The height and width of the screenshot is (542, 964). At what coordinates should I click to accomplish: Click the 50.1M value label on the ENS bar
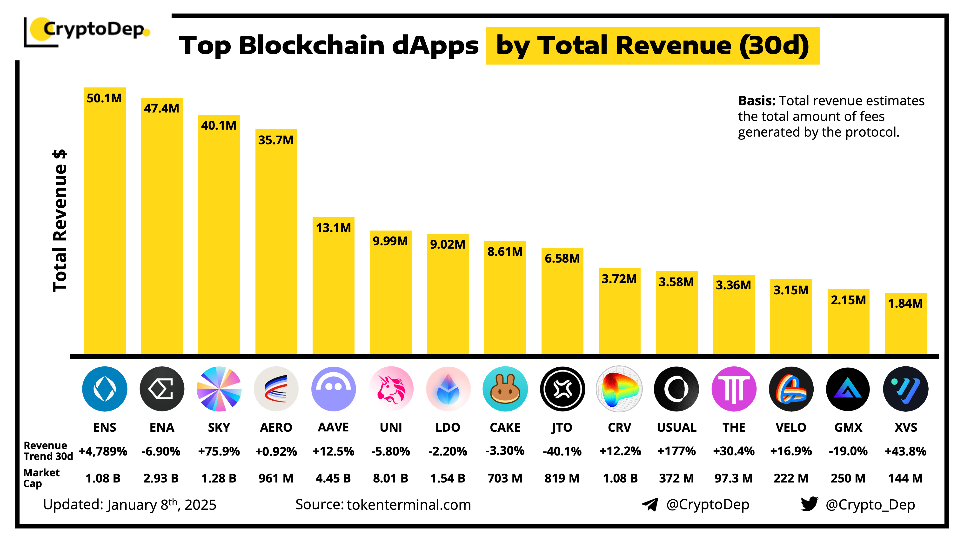pyautogui.click(x=104, y=98)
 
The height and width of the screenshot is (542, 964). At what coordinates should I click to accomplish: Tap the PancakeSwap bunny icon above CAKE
pyautogui.click(x=505, y=389)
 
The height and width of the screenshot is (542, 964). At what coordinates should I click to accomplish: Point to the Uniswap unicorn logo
pyautogui.click(x=391, y=389)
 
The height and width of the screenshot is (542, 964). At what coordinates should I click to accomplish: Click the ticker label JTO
pyautogui.click(x=562, y=427)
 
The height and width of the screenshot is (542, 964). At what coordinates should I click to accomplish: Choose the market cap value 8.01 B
pyautogui.click(x=390, y=478)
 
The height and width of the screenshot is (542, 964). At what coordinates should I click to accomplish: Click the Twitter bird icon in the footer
pyautogui.click(x=809, y=504)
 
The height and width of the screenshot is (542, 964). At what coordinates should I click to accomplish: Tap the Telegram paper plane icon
pyautogui.click(x=650, y=504)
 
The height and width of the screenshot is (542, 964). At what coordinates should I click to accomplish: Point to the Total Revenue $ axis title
pyautogui.click(x=60, y=221)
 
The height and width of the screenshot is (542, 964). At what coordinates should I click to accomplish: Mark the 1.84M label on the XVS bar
pyautogui.click(x=905, y=303)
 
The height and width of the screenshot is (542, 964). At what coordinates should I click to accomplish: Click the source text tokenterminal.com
pyautogui.click(x=409, y=505)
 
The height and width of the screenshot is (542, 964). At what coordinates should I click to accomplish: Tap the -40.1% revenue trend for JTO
pyautogui.click(x=562, y=451)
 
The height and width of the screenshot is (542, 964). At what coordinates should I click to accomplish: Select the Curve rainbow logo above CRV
pyautogui.click(x=619, y=389)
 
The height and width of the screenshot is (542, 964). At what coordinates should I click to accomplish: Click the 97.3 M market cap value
pyautogui.click(x=733, y=478)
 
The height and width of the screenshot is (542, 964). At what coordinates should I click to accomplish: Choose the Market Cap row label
pyautogui.click(x=41, y=478)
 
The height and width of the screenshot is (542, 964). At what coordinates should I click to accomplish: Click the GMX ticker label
pyautogui.click(x=848, y=427)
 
